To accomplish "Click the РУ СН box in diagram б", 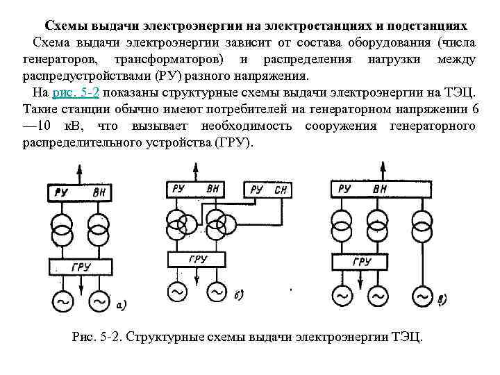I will point(267,189).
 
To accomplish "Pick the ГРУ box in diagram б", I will point(197,260).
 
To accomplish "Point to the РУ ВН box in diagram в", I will point(362,189).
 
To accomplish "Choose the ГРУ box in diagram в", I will point(361,261).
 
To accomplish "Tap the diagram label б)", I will point(237,295).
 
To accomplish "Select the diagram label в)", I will point(439,299).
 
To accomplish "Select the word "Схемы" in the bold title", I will point(76,26).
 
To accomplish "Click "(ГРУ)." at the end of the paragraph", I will point(233,143).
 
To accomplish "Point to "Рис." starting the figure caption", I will point(85,337).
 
